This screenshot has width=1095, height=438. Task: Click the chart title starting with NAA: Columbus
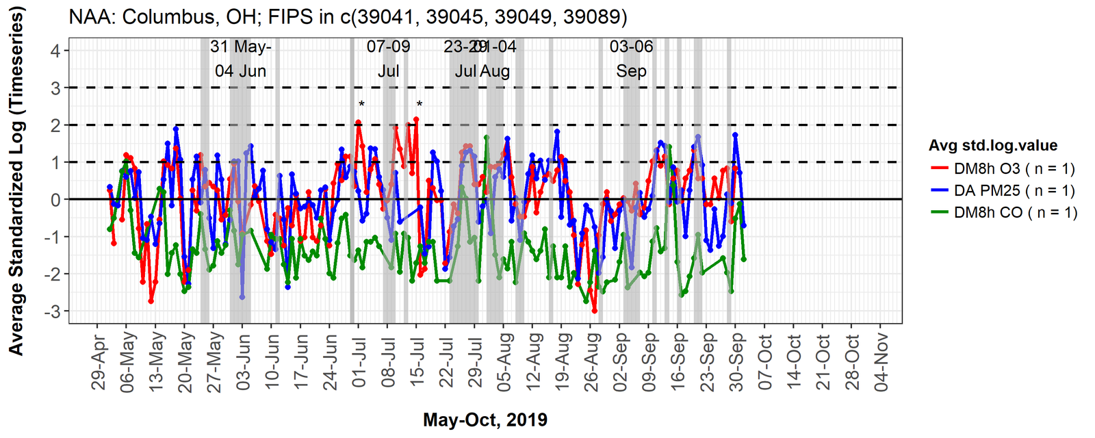(348, 16)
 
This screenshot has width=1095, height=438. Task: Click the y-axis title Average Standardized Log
(16, 181)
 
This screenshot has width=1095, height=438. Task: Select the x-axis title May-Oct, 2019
(485, 420)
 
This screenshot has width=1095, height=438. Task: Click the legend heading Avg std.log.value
(992, 145)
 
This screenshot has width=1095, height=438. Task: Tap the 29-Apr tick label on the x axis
(100, 362)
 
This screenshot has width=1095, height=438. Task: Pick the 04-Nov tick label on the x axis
(881, 362)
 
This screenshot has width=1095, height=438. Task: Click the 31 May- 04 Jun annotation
(240, 59)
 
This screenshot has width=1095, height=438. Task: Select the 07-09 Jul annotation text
(388, 59)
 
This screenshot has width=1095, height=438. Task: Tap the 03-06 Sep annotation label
(631, 59)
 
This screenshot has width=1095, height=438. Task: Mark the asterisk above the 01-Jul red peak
(361, 105)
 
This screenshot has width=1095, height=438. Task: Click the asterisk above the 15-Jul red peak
(420, 105)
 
